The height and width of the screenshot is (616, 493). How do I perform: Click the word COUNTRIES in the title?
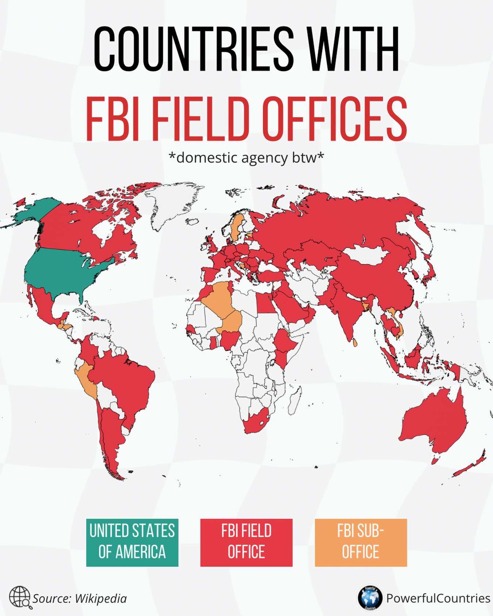click(193, 50)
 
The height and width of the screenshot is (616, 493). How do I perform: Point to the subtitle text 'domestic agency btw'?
click(246, 158)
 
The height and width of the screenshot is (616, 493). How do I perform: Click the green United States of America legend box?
click(132, 542)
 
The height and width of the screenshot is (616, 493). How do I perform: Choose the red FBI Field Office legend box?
click(246, 542)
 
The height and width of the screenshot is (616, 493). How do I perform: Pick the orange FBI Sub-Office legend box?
click(360, 542)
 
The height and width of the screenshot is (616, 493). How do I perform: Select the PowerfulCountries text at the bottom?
click(438, 598)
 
